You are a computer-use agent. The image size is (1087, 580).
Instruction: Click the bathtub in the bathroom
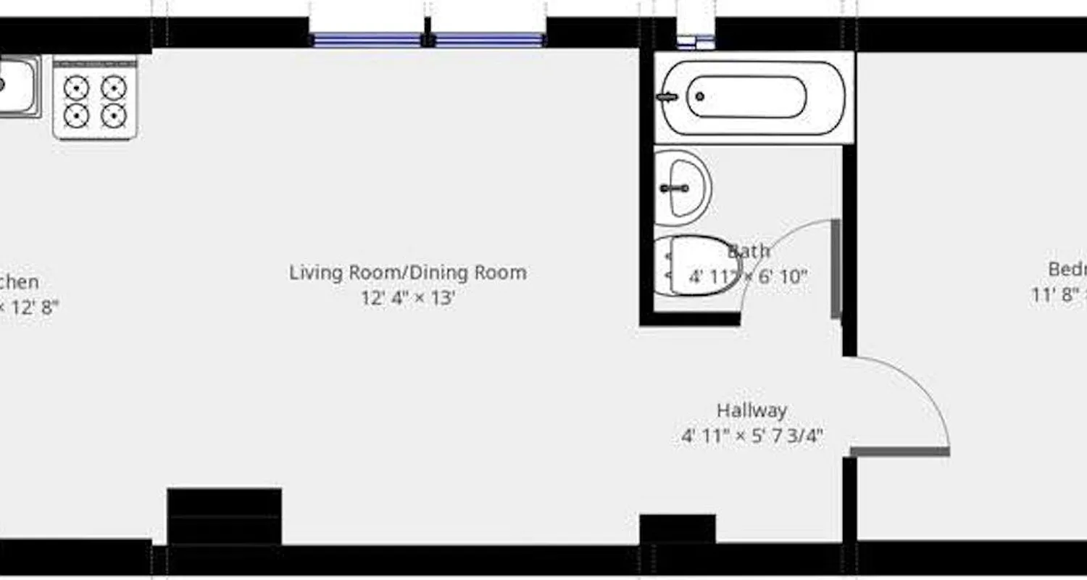click(x=754, y=97)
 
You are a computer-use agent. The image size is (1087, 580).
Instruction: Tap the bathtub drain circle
click(x=700, y=96)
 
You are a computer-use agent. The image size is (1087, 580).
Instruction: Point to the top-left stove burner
click(x=76, y=88)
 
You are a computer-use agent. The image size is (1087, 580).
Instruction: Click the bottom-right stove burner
click(x=114, y=115)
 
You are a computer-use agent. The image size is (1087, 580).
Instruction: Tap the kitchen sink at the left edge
click(x=17, y=86)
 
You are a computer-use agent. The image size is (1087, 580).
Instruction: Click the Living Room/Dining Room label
click(x=408, y=273)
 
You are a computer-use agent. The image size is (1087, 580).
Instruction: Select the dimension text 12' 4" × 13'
click(x=408, y=298)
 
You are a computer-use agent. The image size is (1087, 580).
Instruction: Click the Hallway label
click(x=751, y=410)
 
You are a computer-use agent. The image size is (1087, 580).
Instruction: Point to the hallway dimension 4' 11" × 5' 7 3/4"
click(x=751, y=436)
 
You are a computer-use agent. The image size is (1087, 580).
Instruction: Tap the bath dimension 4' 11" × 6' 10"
click(x=748, y=277)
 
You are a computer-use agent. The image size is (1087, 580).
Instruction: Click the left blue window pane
click(x=367, y=40)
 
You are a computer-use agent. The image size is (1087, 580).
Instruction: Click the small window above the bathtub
click(x=696, y=42)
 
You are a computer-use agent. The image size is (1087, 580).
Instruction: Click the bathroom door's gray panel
click(x=836, y=269)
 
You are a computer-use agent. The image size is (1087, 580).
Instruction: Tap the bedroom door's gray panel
click(x=899, y=452)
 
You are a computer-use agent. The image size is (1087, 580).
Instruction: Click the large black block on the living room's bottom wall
click(x=225, y=516)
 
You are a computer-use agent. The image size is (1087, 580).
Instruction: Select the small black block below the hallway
click(x=678, y=529)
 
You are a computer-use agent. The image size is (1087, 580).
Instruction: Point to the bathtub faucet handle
click(x=667, y=96)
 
